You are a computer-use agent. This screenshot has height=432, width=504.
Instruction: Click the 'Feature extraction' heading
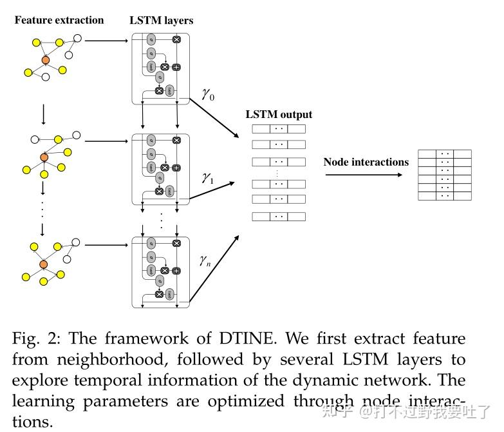[x=59, y=20]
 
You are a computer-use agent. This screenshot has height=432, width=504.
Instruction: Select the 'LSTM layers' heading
[x=161, y=21]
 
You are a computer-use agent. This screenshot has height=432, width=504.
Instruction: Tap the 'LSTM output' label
[x=279, y=115]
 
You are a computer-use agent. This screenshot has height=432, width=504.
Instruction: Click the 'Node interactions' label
[x=366, y=162]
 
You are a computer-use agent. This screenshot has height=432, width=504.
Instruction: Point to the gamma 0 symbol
[x=208, y=95]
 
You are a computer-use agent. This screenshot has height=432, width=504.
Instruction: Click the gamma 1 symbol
[x=208, y=178]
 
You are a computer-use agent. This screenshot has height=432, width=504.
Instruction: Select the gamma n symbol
[x=205, y=260]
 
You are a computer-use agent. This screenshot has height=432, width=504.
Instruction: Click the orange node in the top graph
[x=45, y=61]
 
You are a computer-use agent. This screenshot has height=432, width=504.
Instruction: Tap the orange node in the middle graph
[x=44, y=157]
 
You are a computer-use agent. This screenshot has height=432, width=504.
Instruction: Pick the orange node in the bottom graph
[x=44, y=265]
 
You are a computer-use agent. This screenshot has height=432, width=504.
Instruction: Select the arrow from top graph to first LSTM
[x=106, y=41]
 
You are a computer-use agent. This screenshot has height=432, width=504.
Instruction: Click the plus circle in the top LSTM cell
[x=176, y=67]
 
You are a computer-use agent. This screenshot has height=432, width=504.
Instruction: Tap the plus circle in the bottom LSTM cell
[x=176, y=270]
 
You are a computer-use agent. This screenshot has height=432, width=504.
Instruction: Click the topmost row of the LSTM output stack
[x=278, y=128]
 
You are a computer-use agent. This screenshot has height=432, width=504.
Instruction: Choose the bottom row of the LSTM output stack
[x=278, y=217]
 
